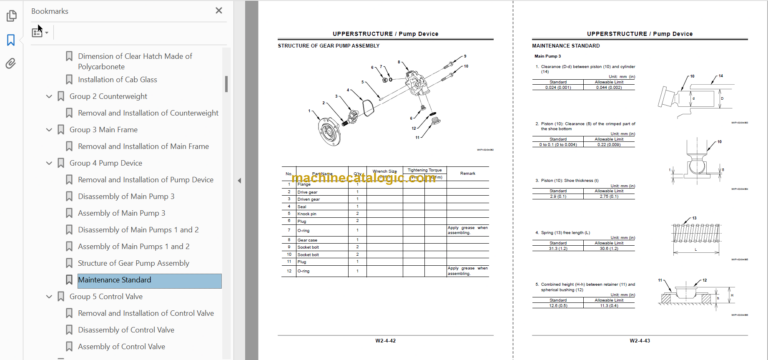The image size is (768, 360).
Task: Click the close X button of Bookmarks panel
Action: tap(219, 11)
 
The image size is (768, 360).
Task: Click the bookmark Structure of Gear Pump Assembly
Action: tap(133, 263)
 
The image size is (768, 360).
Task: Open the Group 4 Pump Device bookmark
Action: tap(105, 162)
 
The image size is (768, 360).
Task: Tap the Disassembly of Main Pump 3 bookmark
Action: tap(126, 196)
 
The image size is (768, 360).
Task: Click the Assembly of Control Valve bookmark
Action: tap(121, 346)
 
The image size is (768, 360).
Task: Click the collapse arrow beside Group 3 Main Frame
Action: tap(49, 130)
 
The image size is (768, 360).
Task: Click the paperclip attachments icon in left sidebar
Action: tap(11, 63)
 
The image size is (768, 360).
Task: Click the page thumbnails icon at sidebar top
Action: tap(11, 15)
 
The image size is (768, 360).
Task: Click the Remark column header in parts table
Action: tap(466, 173)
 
